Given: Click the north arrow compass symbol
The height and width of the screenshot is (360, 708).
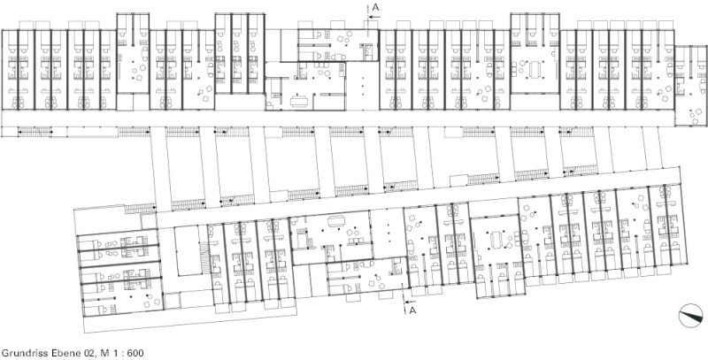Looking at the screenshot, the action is coord(691,316).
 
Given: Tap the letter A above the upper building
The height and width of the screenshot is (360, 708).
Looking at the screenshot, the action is coord(375,7).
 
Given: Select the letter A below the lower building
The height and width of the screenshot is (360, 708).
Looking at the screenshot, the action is coord(412,310).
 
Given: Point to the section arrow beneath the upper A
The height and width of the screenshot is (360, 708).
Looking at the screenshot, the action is coord(373,17).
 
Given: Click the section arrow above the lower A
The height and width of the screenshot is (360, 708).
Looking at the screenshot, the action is coord(409,302).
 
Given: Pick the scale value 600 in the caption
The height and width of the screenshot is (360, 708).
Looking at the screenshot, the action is coord(135,353).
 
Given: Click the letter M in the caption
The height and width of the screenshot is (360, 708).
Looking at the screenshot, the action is coord(102,353).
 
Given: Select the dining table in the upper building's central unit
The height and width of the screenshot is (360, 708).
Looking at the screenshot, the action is coord(298,101).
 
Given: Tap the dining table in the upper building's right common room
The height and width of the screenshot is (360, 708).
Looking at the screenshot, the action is coord(535,69).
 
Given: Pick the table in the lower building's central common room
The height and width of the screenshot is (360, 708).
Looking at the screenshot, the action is coord(336,221).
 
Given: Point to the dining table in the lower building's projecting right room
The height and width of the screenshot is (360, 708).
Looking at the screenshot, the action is coord(495,240).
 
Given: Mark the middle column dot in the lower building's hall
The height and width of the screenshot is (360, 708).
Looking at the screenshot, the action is coord(389,234).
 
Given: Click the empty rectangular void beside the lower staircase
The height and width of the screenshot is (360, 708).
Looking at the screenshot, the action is coord(187,251).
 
